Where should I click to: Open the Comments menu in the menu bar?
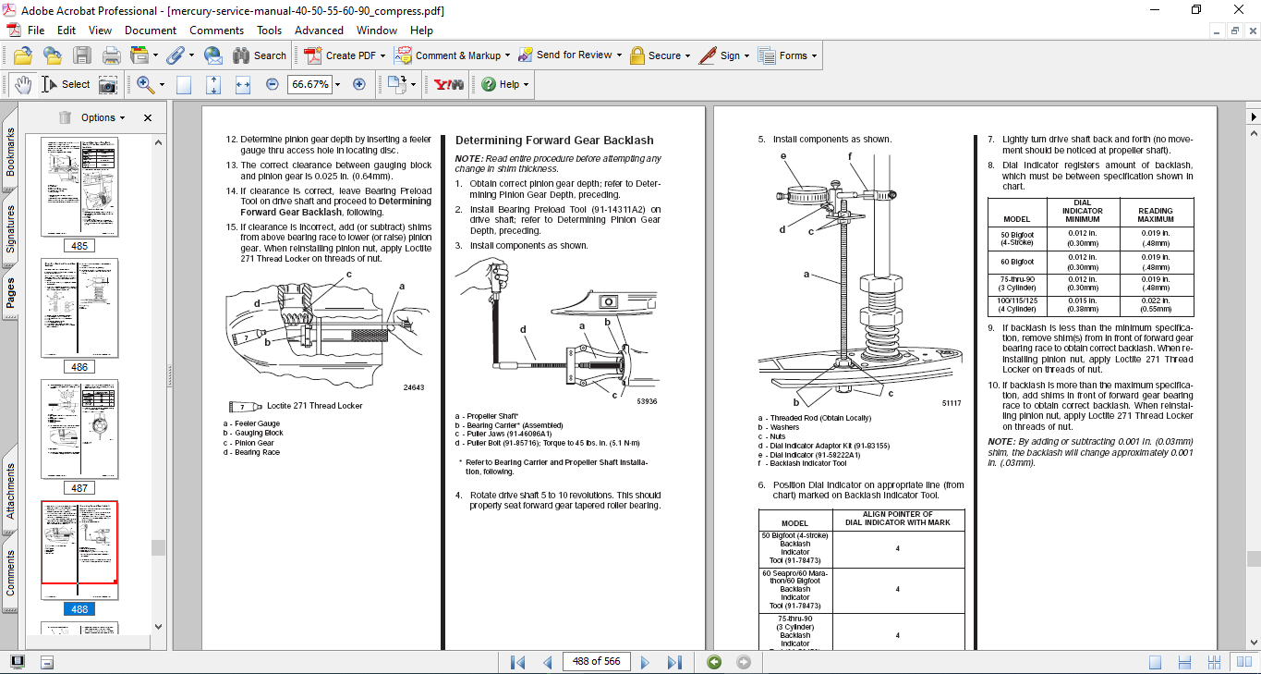pyautogui.click(x=217, y=31)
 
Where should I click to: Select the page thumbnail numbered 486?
pyautogui.click(x=79, y=308)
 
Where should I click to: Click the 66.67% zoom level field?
pyautogui.click(x=309, y=84)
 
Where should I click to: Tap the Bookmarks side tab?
pyautogui.click(x=10, y=152)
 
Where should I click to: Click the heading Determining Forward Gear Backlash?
pyautogui.click(x=554, y=141)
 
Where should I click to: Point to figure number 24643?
pyautogui.click(x=414, y=387)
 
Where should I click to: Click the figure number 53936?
pyautogui.click(x=647, y=401)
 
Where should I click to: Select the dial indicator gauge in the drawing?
pyautogui.click(x=806, y=195)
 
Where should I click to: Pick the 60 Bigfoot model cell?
pyautogui.click(x=1016, y=262)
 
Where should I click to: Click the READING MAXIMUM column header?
pyautogui.click(x=1155, y=214)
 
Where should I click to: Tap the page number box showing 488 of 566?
pyautogui.click(x=596, y=662)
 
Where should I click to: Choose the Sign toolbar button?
pyautogui.click(x=721, y=55)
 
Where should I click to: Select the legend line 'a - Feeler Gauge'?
pyautogui.click(x=251, y=423)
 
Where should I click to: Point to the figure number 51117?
pyautogui.click(x=952, y=403)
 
